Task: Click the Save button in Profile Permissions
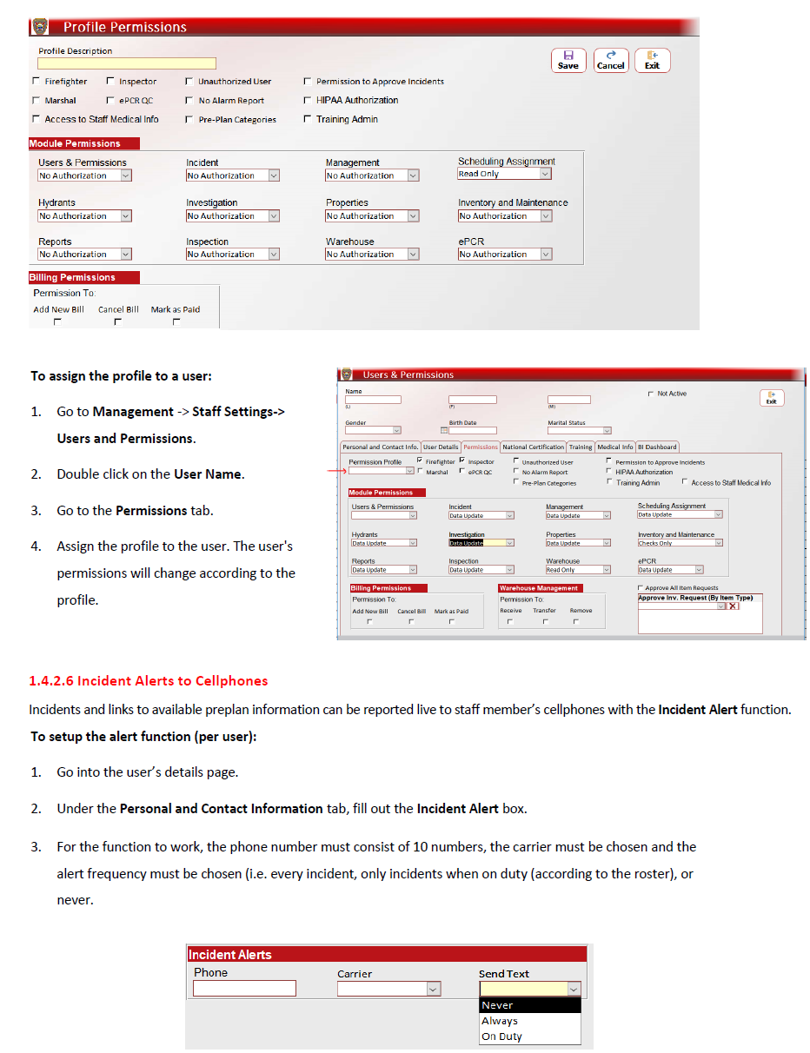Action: click(x=568, y=59)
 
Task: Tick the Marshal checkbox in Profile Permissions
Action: click(x=36, y=101)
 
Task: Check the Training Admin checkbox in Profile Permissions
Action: click(x=308, y=120)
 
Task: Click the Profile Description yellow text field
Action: click(x=127, y=63)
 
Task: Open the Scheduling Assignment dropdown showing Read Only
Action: click(x=545, y=174)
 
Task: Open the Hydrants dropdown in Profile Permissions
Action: click(x=125, y=216)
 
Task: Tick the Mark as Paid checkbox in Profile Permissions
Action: click(x=176, y=321)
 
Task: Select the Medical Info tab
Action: click(x=614, y=447)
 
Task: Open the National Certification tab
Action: click(x=534, y=447)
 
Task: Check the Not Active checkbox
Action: click(x=651, y=394)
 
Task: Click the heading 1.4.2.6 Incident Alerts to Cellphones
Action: click(x=149, y=681)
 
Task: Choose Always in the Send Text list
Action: click(x=500, y=1021)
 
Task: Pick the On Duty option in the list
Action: click(x=501, y=1036)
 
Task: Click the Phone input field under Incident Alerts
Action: click(x=244, y=989)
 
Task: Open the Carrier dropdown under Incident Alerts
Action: click(x=433, y=989)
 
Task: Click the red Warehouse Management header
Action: click(x=539, y=588)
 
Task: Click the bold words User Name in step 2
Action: click(x=209, y=474)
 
